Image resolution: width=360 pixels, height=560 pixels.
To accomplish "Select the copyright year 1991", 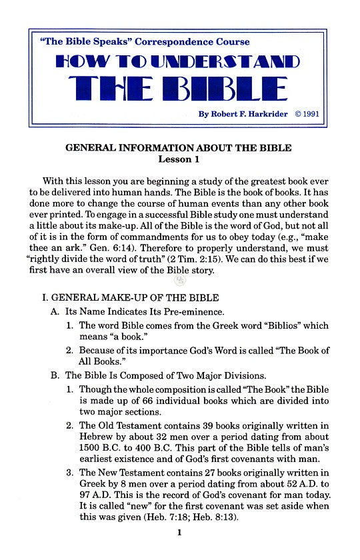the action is tap(311, 114).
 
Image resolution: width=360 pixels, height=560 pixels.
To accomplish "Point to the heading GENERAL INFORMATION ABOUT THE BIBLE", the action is tap(178, 148).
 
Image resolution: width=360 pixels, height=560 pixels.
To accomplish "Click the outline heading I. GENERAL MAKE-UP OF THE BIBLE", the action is tap(130, 297).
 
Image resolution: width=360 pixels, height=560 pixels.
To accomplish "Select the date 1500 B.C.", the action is tap(101, 449).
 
